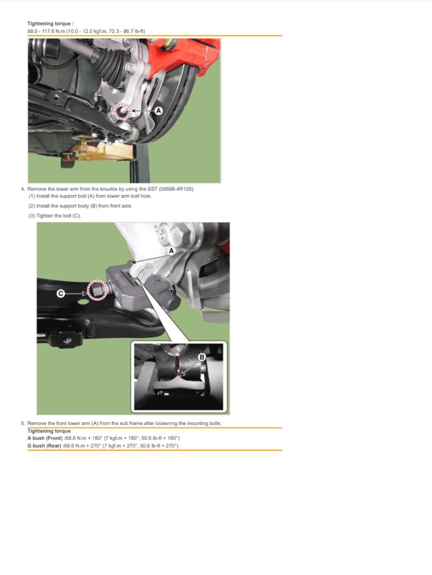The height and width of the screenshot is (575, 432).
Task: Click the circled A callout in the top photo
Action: (159, 111)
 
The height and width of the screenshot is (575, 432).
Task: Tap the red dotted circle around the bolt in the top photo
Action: (122, 112)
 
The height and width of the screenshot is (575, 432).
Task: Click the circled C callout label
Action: (61, 293)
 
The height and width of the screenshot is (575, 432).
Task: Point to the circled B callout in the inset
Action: (202, 357)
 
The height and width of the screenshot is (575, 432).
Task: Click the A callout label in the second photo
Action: (171, 251)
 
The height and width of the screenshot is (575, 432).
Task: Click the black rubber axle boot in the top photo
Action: (110, 63)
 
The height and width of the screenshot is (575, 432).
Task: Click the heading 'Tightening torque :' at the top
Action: (51, 23)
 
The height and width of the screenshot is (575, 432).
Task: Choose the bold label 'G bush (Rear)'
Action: (44, 446)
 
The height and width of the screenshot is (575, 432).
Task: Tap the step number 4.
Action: (23, 189)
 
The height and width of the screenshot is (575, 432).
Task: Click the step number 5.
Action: (23, 423)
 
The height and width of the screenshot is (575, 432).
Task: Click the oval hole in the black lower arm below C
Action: (83, 302)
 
